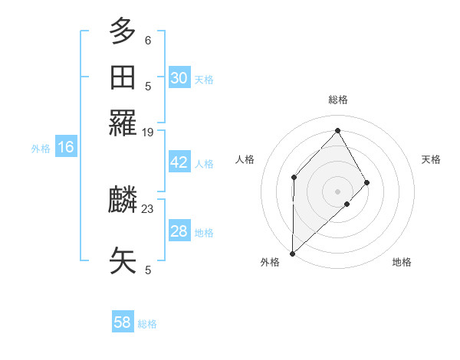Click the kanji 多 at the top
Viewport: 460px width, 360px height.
(x=123, y=31)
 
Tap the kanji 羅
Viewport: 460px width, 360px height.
(x=123, y=123)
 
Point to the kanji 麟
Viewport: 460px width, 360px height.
(x=123, y=201)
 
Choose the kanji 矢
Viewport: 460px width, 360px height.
(x=123, y=260)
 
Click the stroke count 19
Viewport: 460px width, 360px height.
(x=148, y=133)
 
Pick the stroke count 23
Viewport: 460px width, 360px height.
(x=148, y=208)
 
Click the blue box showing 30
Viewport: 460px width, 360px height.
(x=179, y=78)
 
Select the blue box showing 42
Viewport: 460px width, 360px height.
(x=179, y=163)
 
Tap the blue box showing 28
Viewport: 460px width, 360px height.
(x=179, y=231)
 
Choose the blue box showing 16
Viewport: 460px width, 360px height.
(x=66, y=148)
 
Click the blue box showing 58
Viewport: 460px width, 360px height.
(x=123, y=322)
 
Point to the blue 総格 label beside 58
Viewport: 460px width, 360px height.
(x=147, y=324)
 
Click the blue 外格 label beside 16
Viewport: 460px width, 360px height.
(x=41, y=149)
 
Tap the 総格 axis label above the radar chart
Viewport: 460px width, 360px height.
(x=338, y=100)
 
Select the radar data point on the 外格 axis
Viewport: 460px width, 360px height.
(x=292, y=254)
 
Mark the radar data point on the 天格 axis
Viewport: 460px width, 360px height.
(x=367, y=182)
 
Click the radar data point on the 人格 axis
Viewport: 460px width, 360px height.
(x=294, y=178)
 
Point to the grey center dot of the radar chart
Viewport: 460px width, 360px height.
(x=338, y=191)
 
